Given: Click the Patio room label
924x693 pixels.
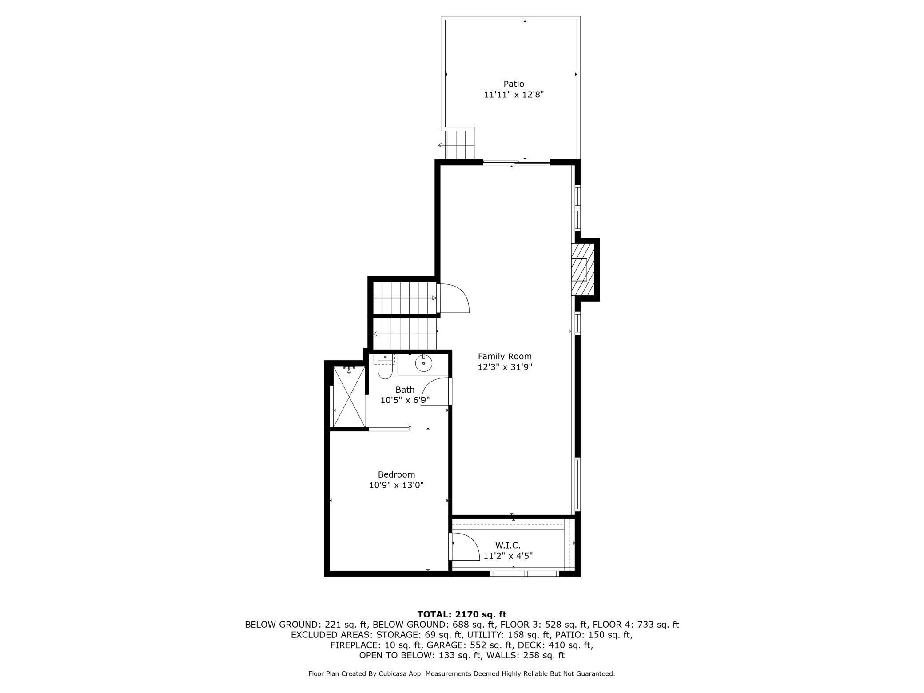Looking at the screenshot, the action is point(514,84).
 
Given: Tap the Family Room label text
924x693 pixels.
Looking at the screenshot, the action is point(505,356).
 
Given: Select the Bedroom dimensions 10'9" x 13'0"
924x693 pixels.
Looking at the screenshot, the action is point(396,485).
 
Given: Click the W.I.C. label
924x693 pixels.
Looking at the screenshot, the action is point(508,545).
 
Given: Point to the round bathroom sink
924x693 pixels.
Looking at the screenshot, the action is point(424,364).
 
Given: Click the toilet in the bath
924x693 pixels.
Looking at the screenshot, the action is point(385,366).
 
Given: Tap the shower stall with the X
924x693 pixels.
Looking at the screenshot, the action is point(349,397).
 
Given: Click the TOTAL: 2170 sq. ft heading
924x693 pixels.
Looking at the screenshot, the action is point(462,614).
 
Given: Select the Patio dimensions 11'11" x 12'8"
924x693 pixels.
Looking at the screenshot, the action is point(514,95).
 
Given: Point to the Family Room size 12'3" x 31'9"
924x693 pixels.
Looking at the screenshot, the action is point(505,367).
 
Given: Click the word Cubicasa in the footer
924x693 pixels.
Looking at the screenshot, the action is point(394,674).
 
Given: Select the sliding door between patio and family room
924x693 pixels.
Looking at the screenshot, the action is point(517,163).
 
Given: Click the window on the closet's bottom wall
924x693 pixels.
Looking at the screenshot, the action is point(524,574).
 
